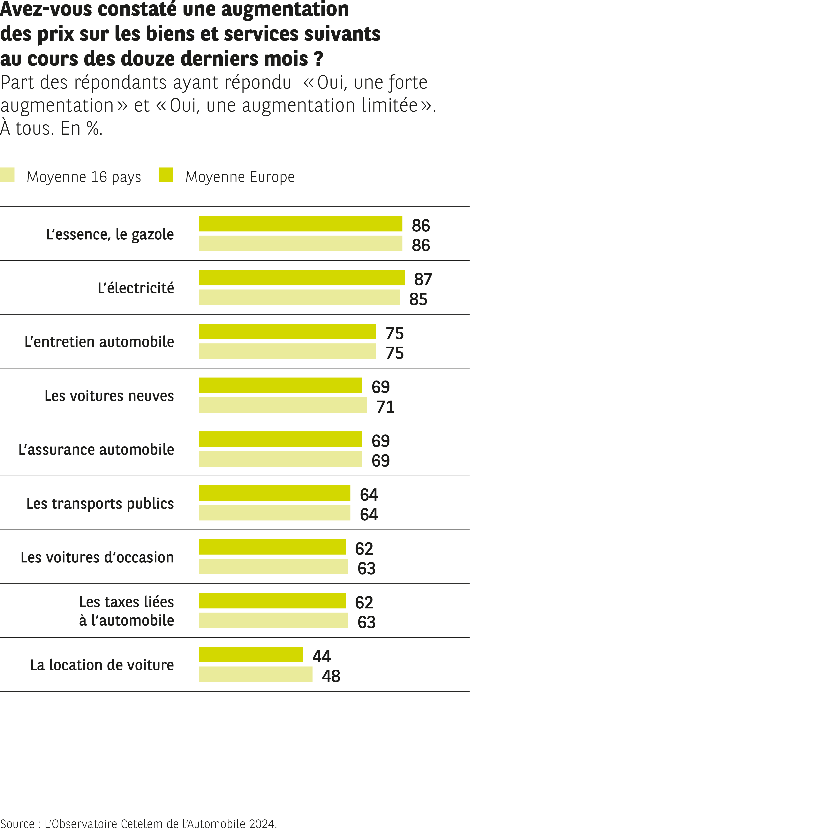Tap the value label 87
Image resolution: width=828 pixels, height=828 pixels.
423,279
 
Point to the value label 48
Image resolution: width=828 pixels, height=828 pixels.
331,676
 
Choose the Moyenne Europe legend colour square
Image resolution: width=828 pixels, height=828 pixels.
166,175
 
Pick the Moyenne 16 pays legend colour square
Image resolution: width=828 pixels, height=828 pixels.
7,175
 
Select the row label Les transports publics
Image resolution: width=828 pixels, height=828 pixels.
100,504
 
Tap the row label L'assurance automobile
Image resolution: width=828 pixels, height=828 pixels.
96,450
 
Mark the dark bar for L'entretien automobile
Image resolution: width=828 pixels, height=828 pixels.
288,331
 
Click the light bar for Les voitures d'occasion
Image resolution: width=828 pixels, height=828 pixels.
273,567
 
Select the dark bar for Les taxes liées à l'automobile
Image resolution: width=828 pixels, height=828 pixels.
272,601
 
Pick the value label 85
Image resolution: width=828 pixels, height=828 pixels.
418,299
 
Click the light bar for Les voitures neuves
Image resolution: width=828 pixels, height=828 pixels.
283,405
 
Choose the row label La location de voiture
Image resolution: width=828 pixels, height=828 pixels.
102,665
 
